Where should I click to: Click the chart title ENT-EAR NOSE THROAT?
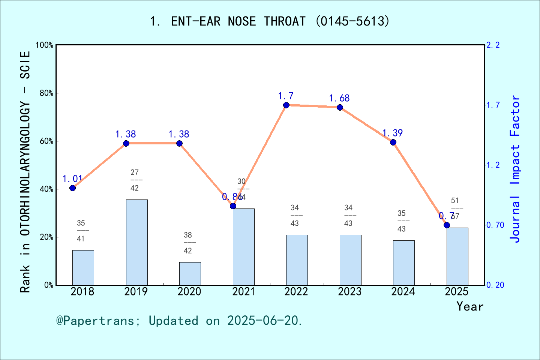click(x=270, y=21)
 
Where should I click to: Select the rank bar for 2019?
click(x=136, y=242)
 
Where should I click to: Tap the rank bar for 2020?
click(x=190, y=273)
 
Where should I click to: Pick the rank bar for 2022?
click(x=297, y=260)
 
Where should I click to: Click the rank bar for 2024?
click(x=403, y=262)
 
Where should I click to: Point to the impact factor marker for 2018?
click(x=73, y=188)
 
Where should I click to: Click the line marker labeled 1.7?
click(x=286, y=105)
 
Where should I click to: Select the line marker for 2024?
click(x=393, y=142)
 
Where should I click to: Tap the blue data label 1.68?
click(x=339, y=98)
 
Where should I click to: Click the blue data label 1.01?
click(x=72, y=179)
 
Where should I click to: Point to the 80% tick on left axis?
click(x=46, y=93)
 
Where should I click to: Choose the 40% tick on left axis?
click(x=46, y=189)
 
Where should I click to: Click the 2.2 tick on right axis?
click(x=493, y=45)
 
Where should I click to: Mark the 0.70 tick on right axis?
click(x=495, y=225)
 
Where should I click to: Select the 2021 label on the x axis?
click(x=243, y=292)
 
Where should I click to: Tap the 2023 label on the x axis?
click(x=349, y=292)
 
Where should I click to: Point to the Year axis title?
click(x=469, y=307)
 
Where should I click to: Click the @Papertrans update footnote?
click(x=179, y=321)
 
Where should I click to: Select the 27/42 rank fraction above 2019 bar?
click(x=135, y=180)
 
